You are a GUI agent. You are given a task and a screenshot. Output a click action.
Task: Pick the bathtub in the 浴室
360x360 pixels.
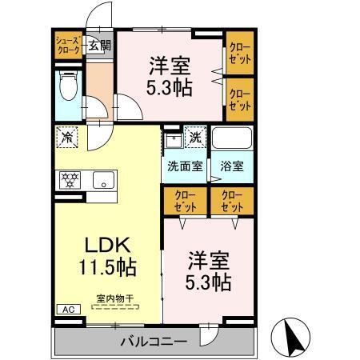pyautogui.click(x=232, y=138)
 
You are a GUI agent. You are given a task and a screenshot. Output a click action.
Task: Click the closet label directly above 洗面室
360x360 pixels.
pyautogui.click(x=184, y=200)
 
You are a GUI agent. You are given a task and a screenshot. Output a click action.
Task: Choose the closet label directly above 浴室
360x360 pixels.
pyautogui.click(x=231, y=200)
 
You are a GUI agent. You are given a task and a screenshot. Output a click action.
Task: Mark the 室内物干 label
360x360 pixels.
pyautogui.click(x=114, y=298)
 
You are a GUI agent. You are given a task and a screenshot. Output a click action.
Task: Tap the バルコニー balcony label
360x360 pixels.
pyautogui.click(x=154, y=342)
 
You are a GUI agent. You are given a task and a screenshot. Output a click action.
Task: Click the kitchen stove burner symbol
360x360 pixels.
pyautogui.click(x=70, y=179)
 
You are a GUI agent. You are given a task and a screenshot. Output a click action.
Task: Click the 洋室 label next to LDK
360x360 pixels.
pyautogui.click(x=210, y=260)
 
